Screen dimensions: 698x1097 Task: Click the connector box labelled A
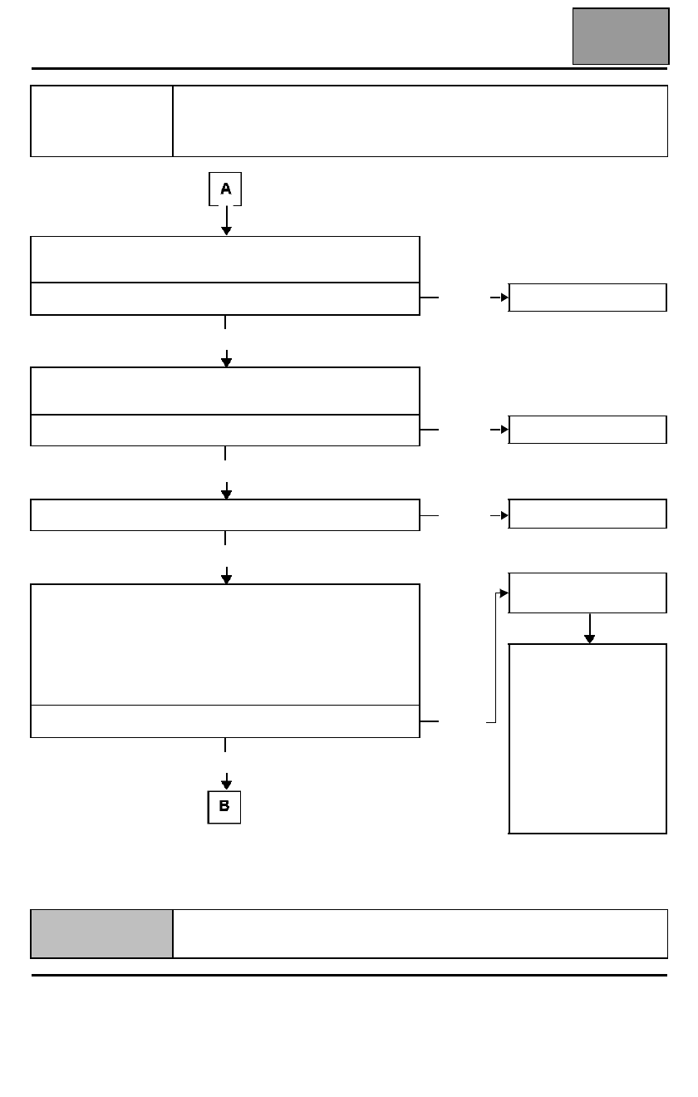225,189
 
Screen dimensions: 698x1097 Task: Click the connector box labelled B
224,807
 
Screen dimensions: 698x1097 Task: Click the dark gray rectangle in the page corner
621,37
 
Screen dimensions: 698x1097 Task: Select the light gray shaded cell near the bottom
102,933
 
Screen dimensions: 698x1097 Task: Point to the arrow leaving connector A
226,220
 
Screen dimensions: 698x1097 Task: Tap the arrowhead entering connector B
226,784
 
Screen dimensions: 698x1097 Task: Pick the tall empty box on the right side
587,739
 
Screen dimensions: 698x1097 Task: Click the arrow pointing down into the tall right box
590,628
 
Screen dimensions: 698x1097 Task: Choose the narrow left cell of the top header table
102,121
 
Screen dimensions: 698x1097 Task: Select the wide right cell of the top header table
420,121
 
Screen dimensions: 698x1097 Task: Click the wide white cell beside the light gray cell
420,933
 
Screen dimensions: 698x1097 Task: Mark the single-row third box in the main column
225,514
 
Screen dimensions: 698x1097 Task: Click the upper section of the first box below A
225,259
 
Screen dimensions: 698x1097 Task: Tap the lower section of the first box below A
225,298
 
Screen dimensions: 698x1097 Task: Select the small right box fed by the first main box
587,298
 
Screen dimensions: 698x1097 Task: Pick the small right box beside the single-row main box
587,514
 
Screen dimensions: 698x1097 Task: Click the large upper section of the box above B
225,645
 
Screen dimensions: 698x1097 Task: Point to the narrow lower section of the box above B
225,721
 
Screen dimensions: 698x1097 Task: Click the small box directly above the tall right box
587,593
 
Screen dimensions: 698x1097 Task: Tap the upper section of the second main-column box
225,391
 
